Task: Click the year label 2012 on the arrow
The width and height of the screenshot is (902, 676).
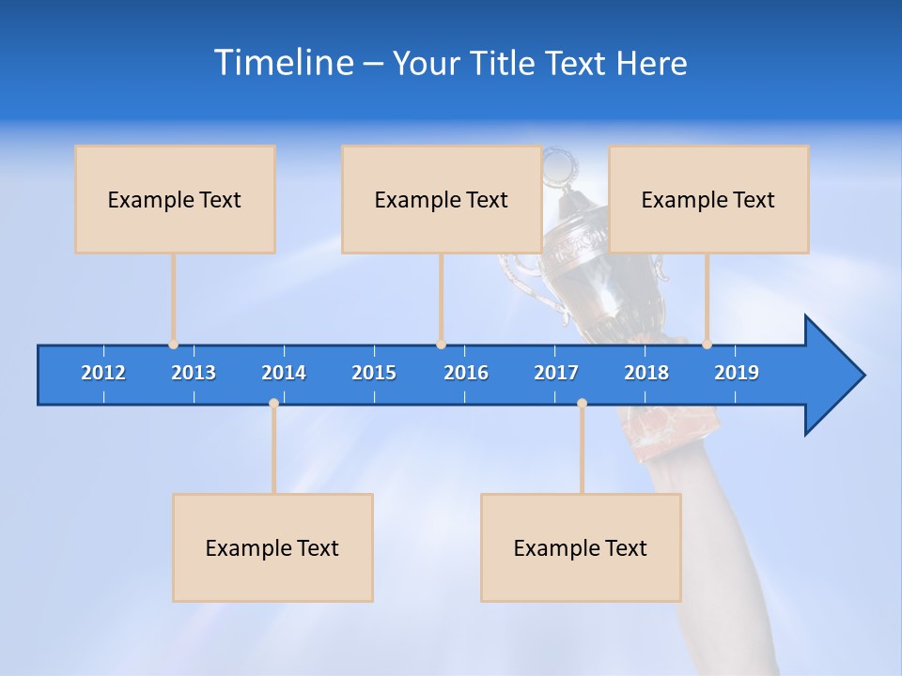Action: coord(103,373)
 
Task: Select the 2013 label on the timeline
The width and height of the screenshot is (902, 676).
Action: coord(194,373)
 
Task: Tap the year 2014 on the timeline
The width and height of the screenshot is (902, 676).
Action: coord(284,373)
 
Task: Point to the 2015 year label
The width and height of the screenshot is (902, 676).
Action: coord(374,373)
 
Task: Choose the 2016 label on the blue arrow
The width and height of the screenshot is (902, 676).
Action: coord(466,373)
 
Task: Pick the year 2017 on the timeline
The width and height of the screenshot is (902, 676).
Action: coord(556,373)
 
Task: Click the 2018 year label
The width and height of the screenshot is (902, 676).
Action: coord(646,373)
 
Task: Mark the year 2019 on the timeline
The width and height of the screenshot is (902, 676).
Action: coord(737,373)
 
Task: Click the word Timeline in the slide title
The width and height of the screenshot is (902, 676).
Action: coord(283,63)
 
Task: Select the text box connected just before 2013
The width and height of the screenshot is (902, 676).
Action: coord(175,199)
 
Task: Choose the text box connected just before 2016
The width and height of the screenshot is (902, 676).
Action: coord(441,199)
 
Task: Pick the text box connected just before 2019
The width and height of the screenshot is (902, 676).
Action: coord(708,199)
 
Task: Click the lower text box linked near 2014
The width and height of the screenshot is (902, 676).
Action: coord(272,547)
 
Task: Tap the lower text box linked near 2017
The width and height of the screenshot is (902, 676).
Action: coord(581,547)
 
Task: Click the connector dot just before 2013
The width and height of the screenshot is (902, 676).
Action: coord(173,345)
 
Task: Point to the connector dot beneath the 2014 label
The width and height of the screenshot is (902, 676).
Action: coord(273,403)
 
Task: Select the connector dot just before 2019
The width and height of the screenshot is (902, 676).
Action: coord(707,345)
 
